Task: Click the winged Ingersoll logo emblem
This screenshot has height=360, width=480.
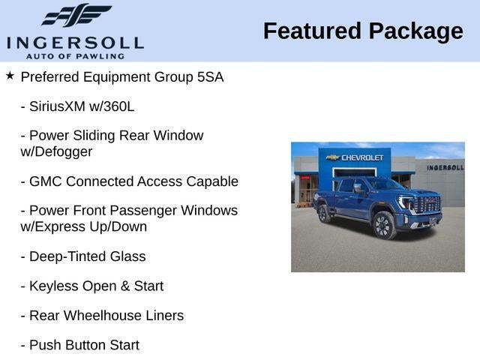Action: click(76, 15)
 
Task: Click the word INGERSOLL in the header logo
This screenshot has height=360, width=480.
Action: click(75, 43)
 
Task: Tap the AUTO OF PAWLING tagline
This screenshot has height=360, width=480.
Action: click(75, 56)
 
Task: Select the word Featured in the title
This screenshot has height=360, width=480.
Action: click(312, 31)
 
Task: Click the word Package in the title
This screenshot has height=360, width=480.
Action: click(416, 32)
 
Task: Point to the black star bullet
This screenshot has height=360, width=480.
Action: click(10, 76)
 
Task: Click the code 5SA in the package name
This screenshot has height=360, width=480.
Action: click(210, 76)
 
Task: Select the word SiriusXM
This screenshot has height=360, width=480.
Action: click(57, 106)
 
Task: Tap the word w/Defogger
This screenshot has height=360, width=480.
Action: click(56, 151)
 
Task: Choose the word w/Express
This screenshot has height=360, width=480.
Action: click(53, 226)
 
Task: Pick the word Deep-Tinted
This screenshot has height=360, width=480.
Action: click(67, 256)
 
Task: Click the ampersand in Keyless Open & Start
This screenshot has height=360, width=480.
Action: click(125, 286)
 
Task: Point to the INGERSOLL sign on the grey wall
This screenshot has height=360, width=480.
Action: click(445, 167)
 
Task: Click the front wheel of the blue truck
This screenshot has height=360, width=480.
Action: click(384, 225)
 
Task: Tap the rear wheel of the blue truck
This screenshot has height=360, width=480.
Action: click(324, 213)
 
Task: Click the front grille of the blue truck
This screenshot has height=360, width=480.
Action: click(428, 204)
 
